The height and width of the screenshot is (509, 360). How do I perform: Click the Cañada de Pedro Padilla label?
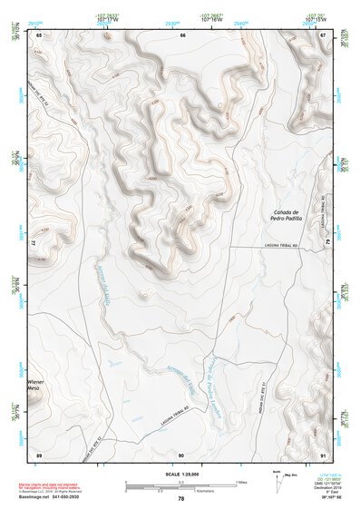[x=286, y=215]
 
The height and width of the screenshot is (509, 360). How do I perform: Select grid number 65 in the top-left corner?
[x=39, y=34]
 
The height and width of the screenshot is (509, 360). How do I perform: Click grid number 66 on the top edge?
[x=182, y=34]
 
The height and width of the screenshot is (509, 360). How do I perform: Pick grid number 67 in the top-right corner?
[x=324, y=34]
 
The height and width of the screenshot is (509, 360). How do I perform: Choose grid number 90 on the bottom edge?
[x=181, y=454]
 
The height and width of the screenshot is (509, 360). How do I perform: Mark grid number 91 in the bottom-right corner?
[x=324, y=454]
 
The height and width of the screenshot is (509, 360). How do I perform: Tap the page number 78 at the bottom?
[x=181, y=498]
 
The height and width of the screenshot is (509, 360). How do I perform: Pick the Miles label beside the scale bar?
[x=240, y=481]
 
